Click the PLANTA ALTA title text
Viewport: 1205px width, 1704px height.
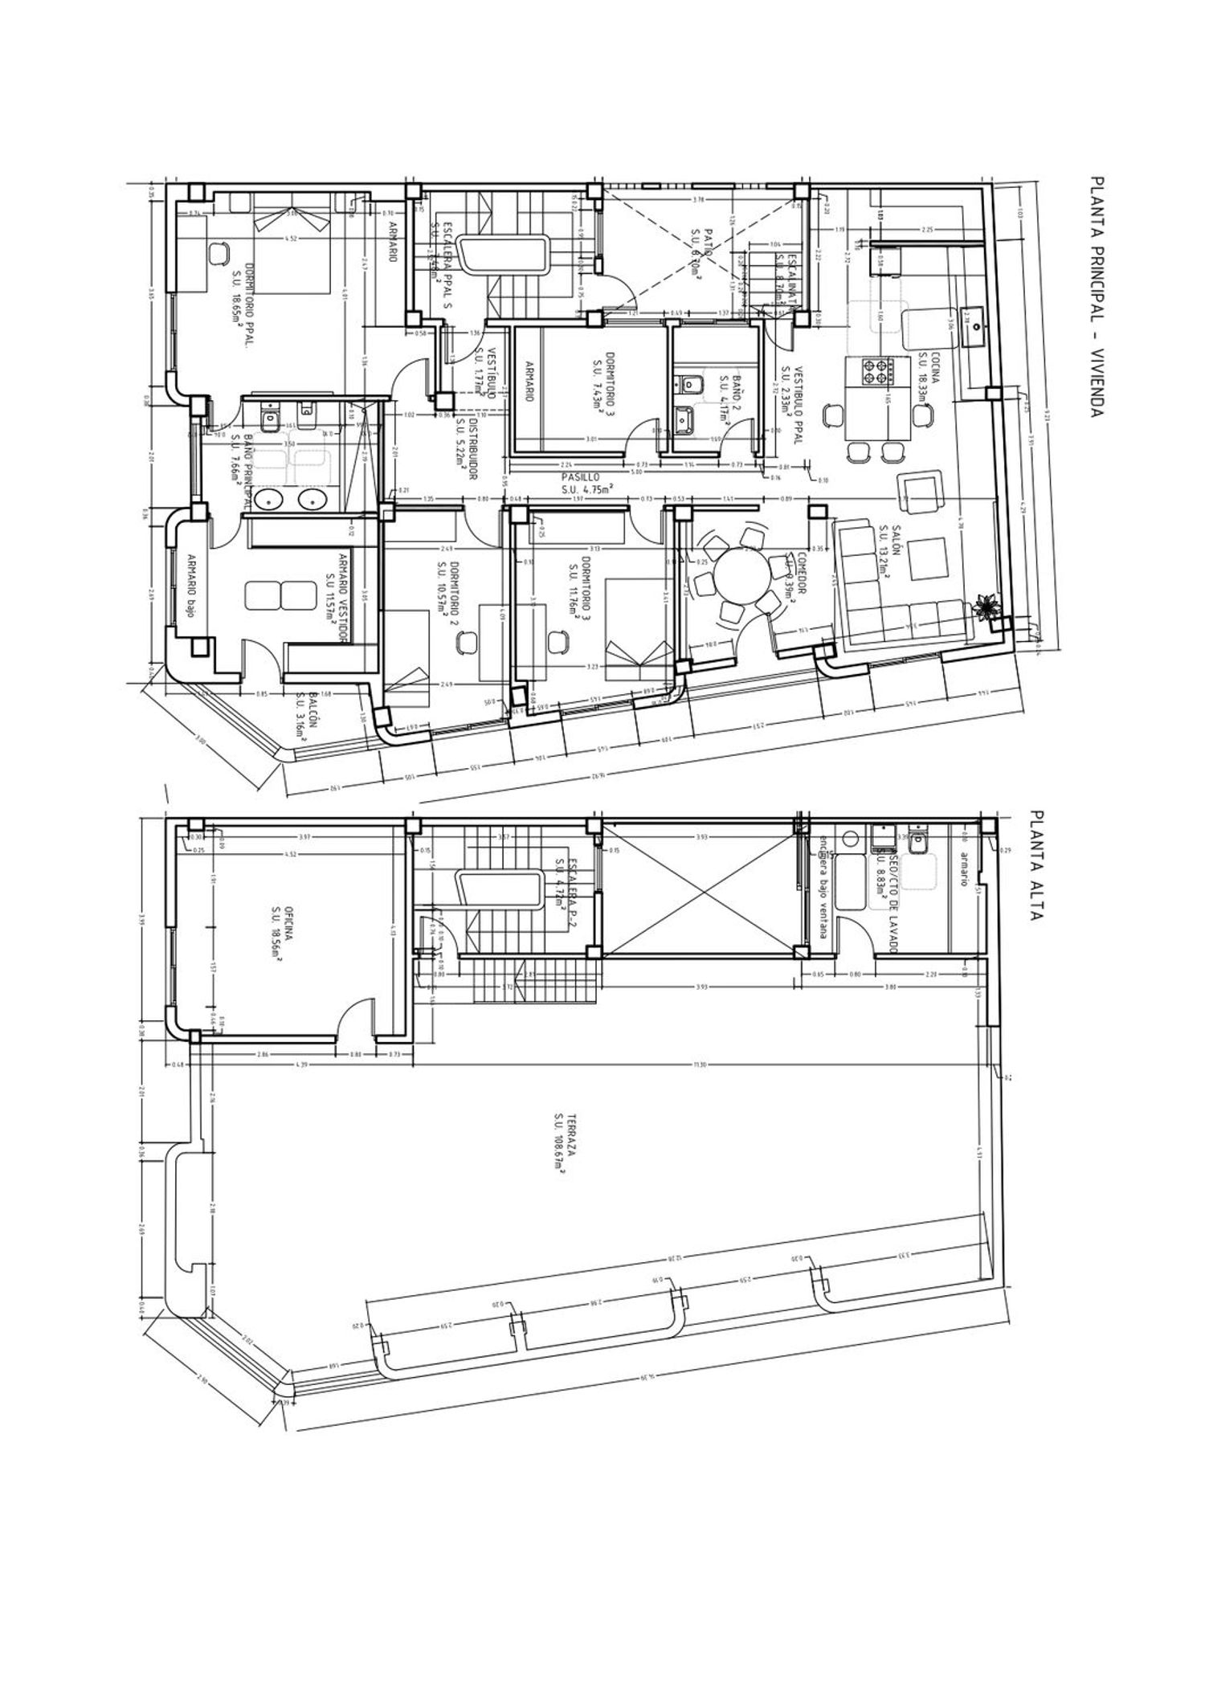pyautogui.click(x=1036, y=864)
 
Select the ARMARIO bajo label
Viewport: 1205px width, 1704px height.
pyautogui.click(x=191, y=585)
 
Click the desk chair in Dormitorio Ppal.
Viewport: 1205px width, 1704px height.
pyautogui.click(x=219, y=253)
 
